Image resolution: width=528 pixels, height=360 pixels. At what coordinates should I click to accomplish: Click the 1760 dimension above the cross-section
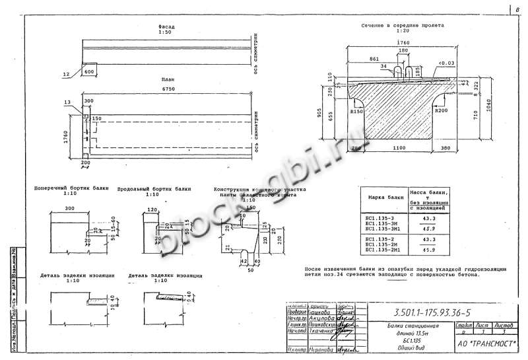pos(403,42)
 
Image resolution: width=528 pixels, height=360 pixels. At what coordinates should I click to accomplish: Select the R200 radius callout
pos(441,112)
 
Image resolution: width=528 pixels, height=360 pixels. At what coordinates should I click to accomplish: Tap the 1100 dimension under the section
pos(396,149)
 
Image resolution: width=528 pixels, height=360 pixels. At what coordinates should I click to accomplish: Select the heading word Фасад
pos(166,27)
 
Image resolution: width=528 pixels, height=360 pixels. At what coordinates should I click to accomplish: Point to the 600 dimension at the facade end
pos(90,71)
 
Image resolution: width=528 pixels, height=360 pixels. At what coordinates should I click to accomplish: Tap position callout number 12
pos(65,75)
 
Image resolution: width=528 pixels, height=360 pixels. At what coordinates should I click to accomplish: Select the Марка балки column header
pos(385,198)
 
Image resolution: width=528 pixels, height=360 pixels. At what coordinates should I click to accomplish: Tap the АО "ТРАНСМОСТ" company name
pos(487,344)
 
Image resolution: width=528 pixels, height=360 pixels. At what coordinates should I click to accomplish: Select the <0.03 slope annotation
pos(445,63)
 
